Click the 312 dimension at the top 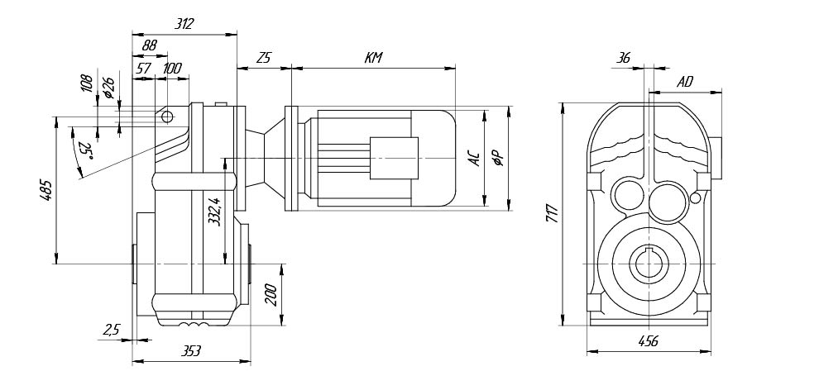(x=184, y=25)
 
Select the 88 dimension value (x=150, y=47)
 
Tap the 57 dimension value (x=143, y=69)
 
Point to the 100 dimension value (x=172, y=69)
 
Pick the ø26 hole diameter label (x=107, y=87)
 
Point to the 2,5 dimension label (x=112, y=329)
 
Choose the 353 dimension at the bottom (x=190, y=351)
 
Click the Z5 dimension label (x=264, y=58)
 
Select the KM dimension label (x=372, y=58)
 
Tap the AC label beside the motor (x=474, y=158)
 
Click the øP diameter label (x=496, y=158)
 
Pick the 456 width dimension (x=649, y=341)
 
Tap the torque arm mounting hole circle (x=167, y=117)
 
